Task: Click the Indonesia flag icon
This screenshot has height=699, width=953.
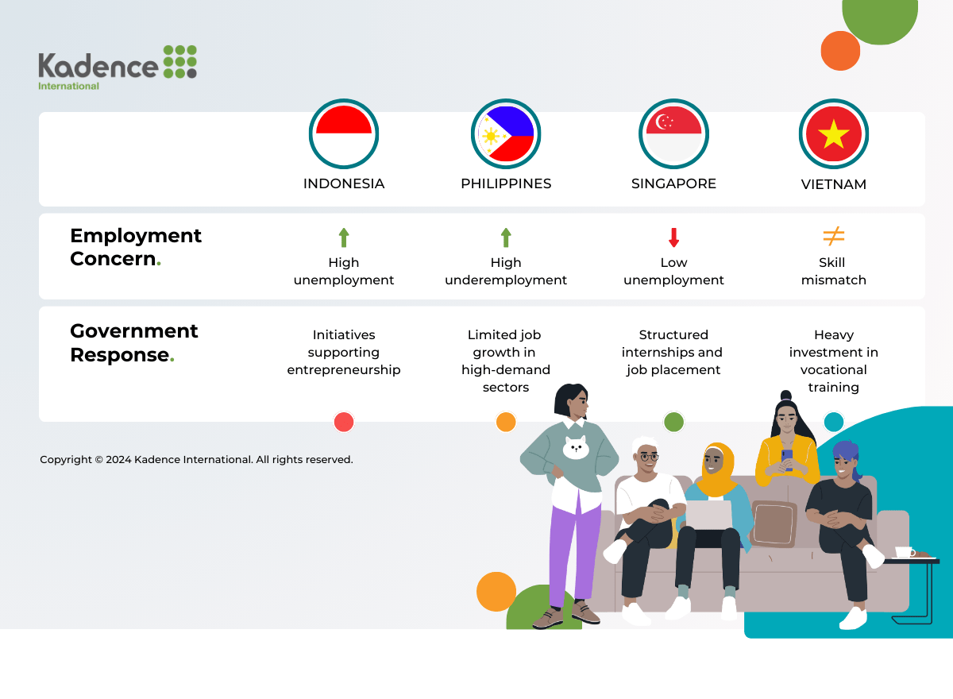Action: coord(344,134)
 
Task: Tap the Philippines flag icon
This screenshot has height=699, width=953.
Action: coord(506,134)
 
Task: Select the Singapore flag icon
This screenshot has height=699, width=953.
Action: coord(673,134)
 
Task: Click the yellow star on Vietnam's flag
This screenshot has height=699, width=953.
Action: coord(833,134)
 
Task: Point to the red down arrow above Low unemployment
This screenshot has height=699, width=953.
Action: coord(673,238)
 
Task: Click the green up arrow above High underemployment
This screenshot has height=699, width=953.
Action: coord(506,238)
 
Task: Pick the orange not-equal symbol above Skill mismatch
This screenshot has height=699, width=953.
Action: coord(833,236)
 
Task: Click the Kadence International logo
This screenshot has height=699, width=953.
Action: coord(118,68)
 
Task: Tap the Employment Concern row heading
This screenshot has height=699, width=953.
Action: coord(135,247)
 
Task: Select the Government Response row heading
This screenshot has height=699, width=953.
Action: coord(133,343)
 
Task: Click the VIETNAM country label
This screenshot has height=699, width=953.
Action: coord(833,184)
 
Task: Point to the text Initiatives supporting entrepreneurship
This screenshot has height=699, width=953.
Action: coord(344,352)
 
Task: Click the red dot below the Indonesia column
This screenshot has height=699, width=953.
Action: coord(344,422)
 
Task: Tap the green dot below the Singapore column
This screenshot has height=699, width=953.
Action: coord(673,422)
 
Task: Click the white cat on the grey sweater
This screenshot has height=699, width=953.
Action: coord(576,447)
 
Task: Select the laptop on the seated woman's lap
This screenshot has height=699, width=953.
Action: coord(709,515)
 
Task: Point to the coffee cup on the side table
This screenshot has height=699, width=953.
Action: coord(905,552)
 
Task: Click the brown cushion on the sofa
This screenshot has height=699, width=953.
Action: coord(774,523)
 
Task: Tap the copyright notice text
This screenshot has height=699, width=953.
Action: coord(197,459)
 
